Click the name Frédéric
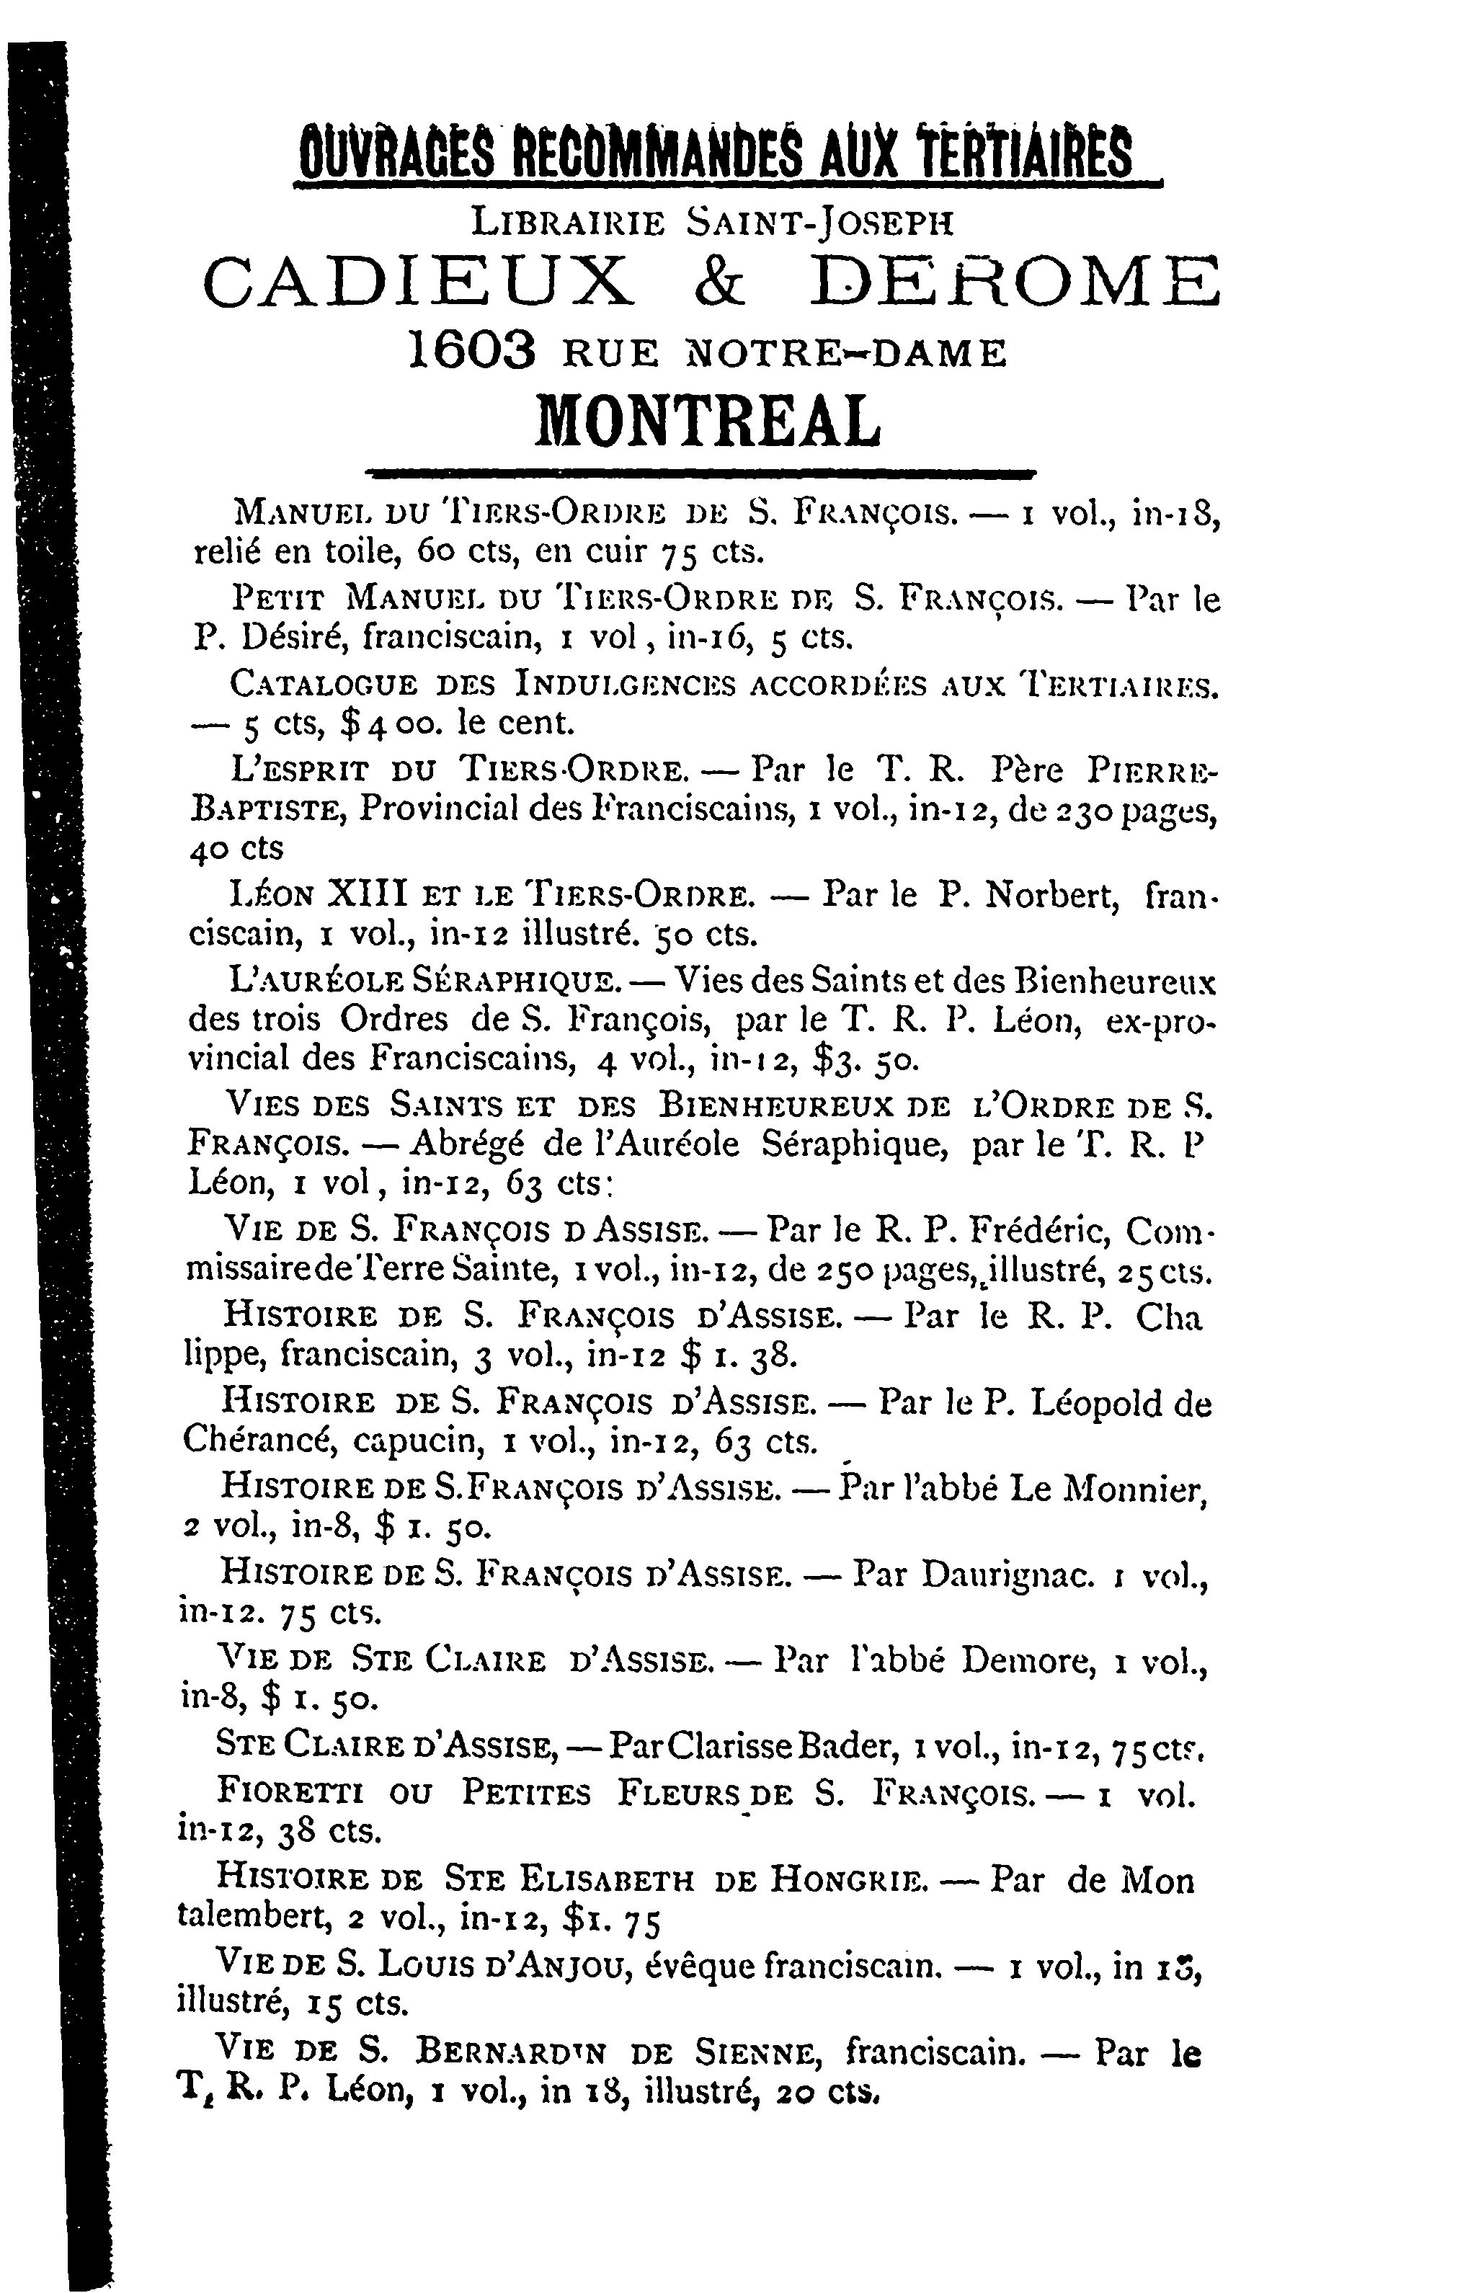coord(1038,1232)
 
